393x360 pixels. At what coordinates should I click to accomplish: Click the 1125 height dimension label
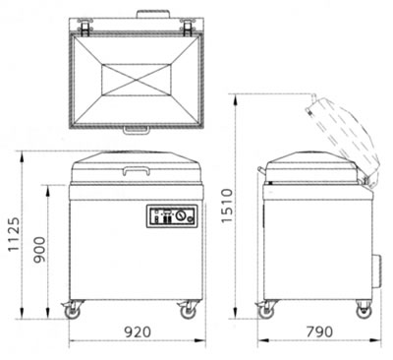coord(14,234)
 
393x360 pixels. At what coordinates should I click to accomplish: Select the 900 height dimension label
coord(39,250)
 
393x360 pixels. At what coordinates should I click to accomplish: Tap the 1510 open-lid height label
coord(226,206)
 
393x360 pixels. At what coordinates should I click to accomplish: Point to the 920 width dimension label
coord(138,331)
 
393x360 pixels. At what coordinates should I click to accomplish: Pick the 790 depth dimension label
coord(319,331)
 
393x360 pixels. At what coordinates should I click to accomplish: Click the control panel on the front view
coord(172,216)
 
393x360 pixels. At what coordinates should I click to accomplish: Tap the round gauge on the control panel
coord(180,215)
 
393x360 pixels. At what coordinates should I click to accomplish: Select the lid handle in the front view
coord(136,169)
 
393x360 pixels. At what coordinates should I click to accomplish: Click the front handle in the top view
coord(137,131)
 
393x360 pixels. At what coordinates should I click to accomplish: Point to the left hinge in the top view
coord(84,28)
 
